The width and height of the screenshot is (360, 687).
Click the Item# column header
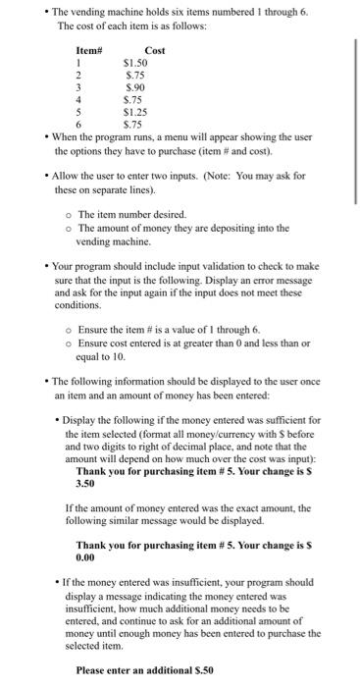click(x=88, y=50)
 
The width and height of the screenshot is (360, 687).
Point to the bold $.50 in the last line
click(x=201, y=669)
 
